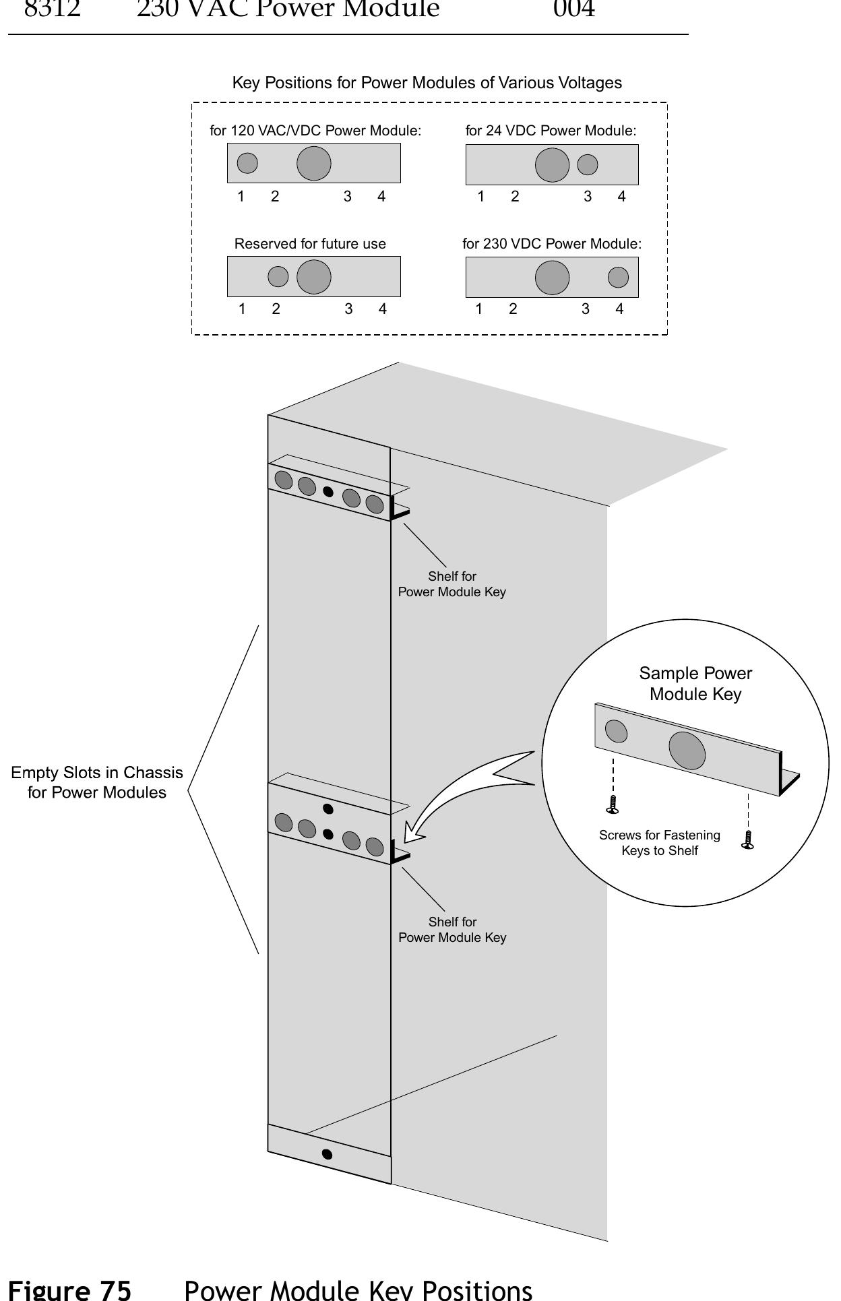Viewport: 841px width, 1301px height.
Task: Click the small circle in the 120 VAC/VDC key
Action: point(247,163)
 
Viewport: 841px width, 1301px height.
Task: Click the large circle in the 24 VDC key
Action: point(552,164)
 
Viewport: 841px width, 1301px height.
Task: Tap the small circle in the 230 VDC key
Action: point(618,277)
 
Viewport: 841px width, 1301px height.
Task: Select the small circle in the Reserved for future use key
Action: point(278,276)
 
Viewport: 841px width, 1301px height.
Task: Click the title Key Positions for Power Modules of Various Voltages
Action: point(427,83)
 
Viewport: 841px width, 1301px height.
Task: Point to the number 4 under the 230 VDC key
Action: point(619,309)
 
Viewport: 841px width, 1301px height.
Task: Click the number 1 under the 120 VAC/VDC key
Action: point(241,197)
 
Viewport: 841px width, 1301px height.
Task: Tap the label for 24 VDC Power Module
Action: point(551,131)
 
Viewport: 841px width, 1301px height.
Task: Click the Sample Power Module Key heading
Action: point(695,683)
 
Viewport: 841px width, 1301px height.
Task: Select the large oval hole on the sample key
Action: point(687,750)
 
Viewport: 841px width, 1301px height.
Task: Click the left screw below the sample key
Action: point(613,804)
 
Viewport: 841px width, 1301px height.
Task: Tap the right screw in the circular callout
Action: point(747,839)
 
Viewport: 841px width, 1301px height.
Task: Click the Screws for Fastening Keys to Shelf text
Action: point(659,843)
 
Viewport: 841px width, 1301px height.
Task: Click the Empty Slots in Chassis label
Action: point(96,782)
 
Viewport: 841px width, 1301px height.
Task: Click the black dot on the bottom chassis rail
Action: point(328,1154)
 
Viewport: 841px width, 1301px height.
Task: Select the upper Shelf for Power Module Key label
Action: point(451,584)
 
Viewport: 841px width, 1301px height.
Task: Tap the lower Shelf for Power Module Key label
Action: point(452,930)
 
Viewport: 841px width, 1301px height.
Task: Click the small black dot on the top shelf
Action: point(328,491)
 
